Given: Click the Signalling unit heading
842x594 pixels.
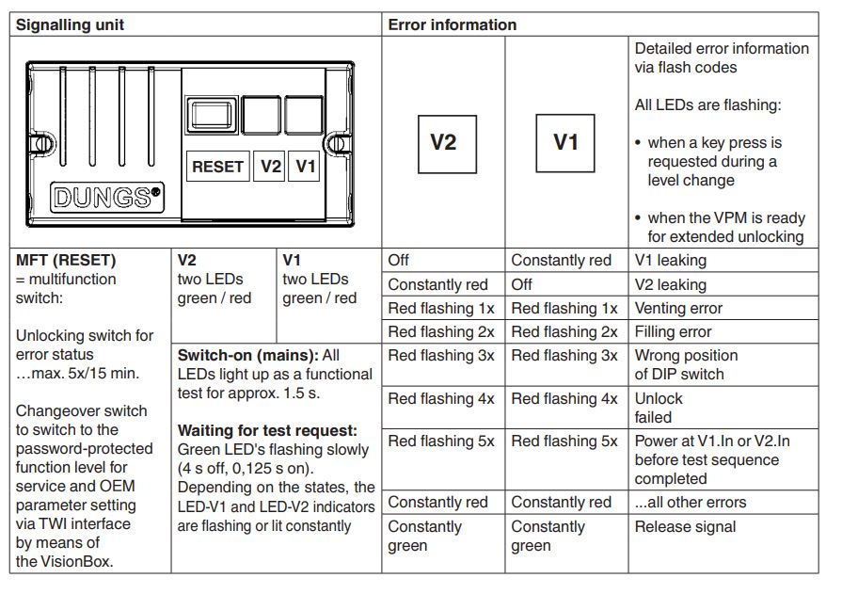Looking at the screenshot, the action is [70, 24].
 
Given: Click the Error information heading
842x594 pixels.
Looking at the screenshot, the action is [453, 24].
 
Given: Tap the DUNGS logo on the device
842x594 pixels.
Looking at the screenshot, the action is [107, 198].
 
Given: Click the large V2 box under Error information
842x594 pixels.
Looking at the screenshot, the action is [447, 144].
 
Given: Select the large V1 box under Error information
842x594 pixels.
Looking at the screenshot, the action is [565, 143].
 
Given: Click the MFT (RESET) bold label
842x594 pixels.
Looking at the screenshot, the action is [66, 260].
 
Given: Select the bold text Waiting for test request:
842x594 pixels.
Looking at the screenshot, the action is [267, 430].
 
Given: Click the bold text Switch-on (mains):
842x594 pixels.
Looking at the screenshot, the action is [248, 355].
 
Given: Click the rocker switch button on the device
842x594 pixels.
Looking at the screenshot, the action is [211, 115].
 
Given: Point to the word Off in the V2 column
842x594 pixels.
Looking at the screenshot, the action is [399, 260].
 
